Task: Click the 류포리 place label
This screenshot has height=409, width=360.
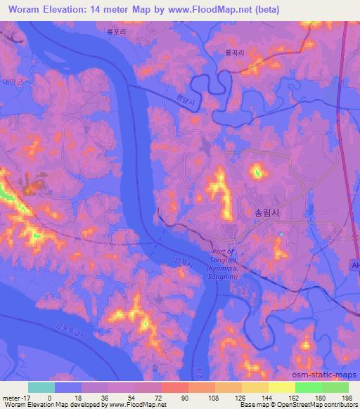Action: tap(127, 41)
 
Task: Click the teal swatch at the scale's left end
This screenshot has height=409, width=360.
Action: tap(41, 387)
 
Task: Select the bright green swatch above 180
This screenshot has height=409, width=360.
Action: tap(308, 387)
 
